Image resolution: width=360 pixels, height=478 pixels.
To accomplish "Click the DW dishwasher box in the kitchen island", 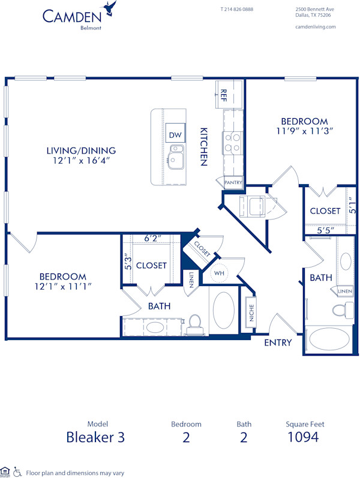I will click(175, 135).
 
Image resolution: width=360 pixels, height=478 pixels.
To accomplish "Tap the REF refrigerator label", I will click(223, 94).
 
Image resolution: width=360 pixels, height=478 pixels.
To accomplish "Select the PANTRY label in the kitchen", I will click(233, 182).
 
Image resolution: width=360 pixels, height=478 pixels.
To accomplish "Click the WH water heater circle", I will click(220, 273).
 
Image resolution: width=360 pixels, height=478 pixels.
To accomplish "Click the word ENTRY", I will click(278, 343).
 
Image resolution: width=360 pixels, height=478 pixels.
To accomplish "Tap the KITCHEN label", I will click(204, 146).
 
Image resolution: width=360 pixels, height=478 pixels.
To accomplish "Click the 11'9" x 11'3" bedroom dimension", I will click(304, 130).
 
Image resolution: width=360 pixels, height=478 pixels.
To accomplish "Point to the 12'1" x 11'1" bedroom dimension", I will click(62, 287).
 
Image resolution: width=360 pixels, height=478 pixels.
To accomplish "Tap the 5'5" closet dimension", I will click(325, 230).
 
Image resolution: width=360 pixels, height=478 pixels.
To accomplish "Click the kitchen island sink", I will click(176, 160).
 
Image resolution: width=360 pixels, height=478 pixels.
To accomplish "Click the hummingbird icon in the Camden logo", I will click(109, 8).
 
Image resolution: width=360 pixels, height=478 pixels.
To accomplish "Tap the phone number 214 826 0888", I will click(236, 10).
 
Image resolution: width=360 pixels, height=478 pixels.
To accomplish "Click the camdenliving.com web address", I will click(316, 27).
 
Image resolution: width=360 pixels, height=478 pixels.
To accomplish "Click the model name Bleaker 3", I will click(96, 437).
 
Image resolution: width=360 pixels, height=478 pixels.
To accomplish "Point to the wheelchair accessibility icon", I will click(17, 471).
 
